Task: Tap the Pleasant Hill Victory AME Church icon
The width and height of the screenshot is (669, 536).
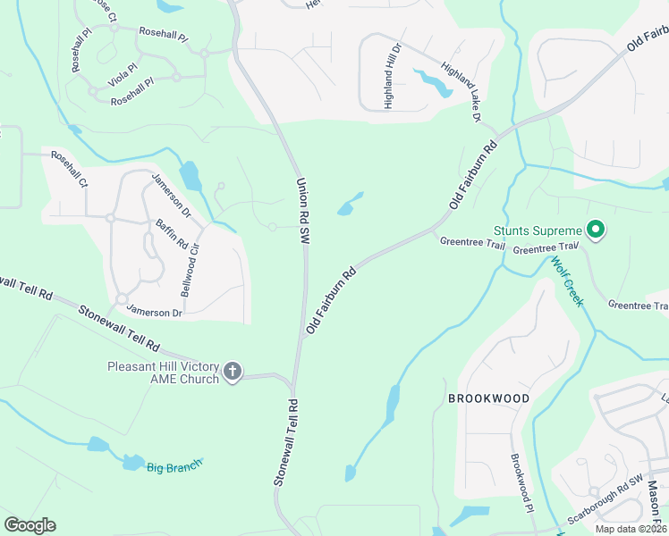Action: (233, 373)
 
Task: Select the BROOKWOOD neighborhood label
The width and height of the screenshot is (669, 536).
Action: (490, 398)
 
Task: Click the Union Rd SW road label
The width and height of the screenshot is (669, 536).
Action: (303, 211)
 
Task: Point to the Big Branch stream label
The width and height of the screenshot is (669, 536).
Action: (174, 465)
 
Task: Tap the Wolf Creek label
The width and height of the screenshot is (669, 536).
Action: (566, 281)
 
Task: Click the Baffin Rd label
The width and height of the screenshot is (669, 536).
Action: (172, 234)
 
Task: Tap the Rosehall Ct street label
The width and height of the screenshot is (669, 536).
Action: (69, 169)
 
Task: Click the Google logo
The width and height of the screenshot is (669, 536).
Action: (30, 525)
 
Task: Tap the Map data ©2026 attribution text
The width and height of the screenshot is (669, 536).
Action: (630, 529)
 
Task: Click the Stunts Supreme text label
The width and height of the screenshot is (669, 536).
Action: (537, 230)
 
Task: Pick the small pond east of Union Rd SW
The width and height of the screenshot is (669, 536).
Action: (350, 205)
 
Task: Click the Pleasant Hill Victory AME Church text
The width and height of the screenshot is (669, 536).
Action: (163, 373)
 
